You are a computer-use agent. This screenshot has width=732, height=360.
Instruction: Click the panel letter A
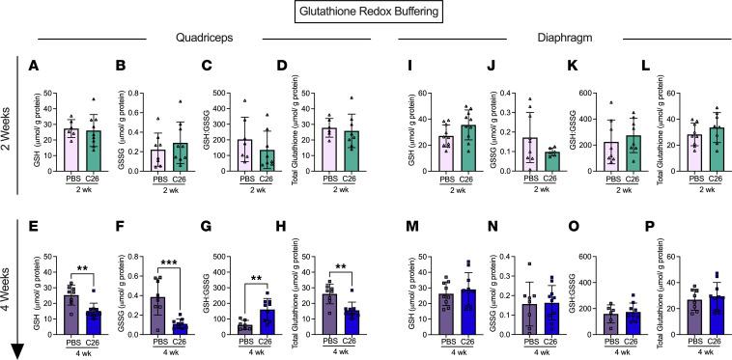coord(35,69)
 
